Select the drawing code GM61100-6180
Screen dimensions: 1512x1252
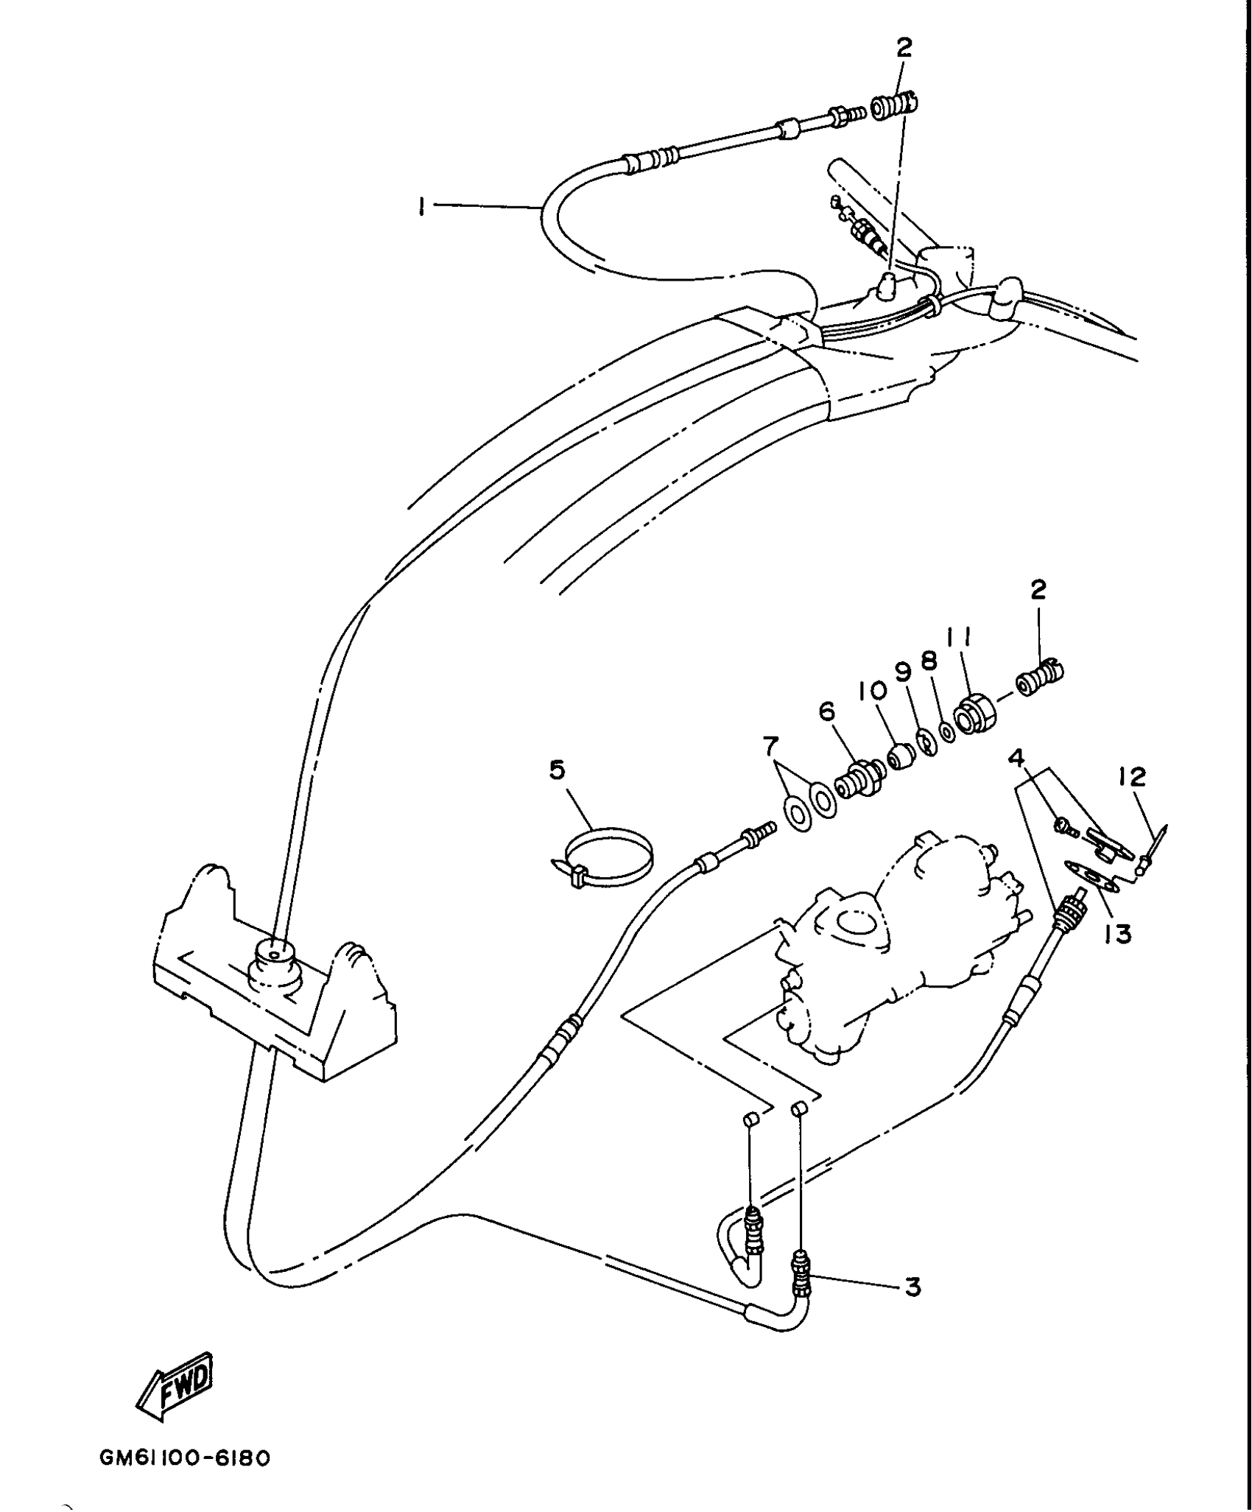185,1458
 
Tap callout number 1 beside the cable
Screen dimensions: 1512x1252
421,208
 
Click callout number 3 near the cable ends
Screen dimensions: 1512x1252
912,1286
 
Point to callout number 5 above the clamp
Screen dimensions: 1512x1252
557,770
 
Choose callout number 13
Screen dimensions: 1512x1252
1117,933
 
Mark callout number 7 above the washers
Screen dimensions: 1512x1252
770,747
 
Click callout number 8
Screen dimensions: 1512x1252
929,661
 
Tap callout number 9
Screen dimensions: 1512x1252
904,672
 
